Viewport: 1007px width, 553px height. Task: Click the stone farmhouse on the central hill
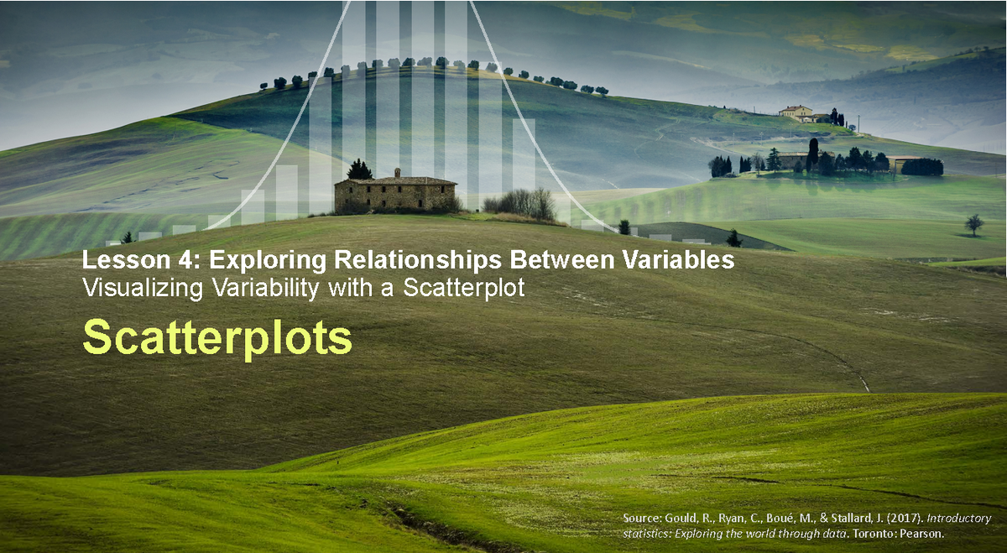click(x=395, y=194)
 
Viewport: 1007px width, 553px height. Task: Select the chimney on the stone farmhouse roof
click(x=398, y=172)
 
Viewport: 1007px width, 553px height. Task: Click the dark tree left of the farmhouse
click(x=359, y=170)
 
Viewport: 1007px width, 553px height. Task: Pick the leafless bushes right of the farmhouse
click(x=521, y=205)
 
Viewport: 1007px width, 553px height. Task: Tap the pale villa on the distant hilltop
click(x=796, y=112)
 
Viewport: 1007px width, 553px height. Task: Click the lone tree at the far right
click(x=973, y=224)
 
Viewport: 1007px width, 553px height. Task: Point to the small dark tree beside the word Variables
click(x=733, y=239)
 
